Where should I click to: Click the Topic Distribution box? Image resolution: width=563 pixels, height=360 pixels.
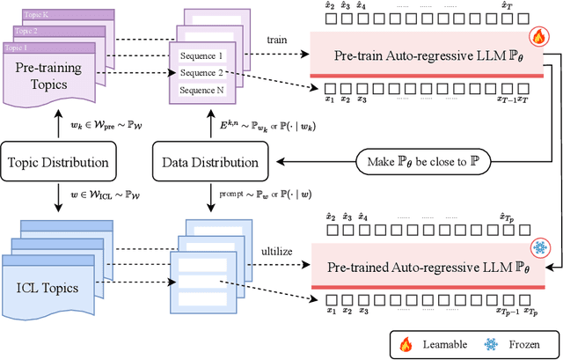(57, 163)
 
